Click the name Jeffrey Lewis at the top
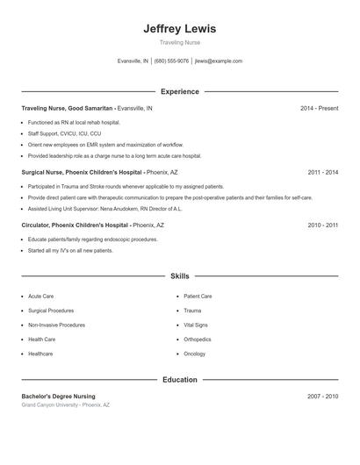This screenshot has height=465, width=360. [179, 28]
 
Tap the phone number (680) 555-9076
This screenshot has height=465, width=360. [171, 61]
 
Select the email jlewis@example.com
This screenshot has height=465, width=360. [219, 61]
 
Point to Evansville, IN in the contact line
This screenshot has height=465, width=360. [133, 61]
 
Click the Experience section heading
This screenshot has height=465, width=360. [179, 91]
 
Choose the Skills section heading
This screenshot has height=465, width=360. [179, 275]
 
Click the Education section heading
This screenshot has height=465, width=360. [179, 380]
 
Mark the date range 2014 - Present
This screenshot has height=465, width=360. [319, 108]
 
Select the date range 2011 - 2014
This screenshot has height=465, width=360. [322, 173]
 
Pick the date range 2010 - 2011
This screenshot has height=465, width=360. [322, 225]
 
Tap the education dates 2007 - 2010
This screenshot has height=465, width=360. [322, 397]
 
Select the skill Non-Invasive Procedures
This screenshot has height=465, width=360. [56, 325]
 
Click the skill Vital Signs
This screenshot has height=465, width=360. [195, 325]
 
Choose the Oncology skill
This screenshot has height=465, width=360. [194, 354]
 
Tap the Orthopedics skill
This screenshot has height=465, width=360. [198, 340]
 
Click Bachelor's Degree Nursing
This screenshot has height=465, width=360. [58, 397]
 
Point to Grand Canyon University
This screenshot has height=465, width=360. [50, 405]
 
